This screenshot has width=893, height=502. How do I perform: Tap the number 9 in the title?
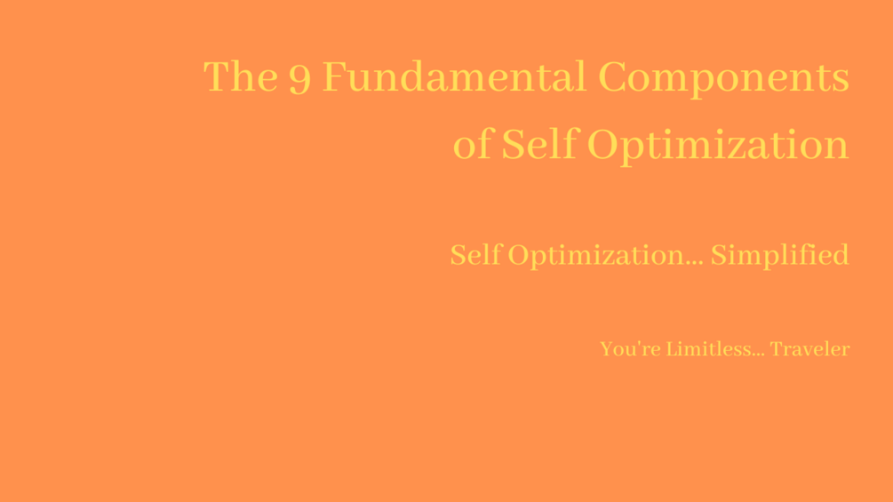coord(299,80)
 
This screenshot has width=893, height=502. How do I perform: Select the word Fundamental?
coord(453,77)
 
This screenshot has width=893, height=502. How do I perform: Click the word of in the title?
coord(472,145)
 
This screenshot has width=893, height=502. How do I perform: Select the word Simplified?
coord(779,256)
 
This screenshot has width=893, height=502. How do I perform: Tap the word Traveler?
coord(809,349)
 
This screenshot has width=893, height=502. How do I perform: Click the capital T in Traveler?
coord(776,349)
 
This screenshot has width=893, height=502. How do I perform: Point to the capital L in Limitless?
coord(672,349)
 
